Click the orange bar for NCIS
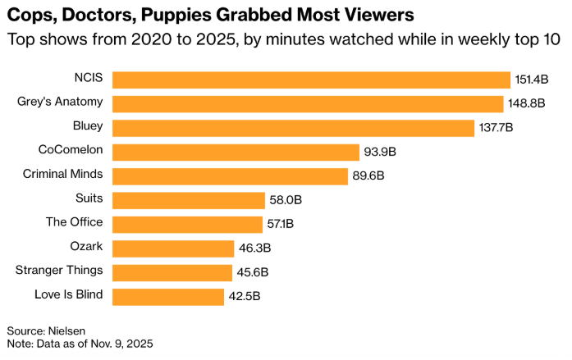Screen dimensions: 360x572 click(x=312, y=79)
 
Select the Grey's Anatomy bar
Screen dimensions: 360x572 click(x=308, y=103)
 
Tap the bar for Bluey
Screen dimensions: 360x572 click(x=293, y=127)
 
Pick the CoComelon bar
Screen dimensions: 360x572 click(x=236, y=152)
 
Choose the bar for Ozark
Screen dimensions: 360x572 click(x=173, y=248)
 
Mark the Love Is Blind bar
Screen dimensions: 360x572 click(x=168, y=297)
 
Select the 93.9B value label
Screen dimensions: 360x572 click(x=380, y=152)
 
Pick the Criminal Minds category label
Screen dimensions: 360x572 click(x=62, y=174)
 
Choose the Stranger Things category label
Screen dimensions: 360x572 click(x=59, y=271)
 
